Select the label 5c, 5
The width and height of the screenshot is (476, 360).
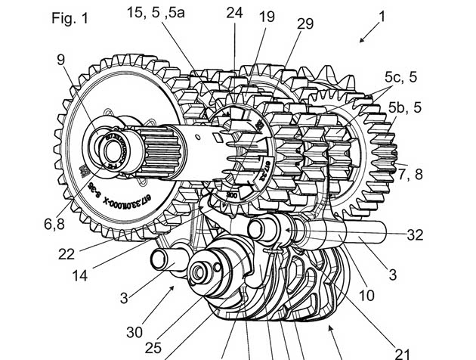click(400, 76)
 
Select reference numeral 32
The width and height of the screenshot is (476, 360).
click(415, 235)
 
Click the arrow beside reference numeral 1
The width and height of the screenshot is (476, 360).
click(369, 33)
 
